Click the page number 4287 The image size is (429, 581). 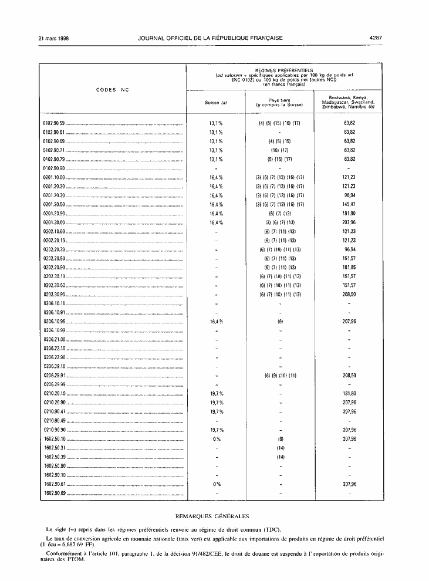(x=376, y=38)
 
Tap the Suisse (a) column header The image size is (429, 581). (x=216, y=103)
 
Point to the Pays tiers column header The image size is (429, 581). (x=279, y=103)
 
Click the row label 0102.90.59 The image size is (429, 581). (x=55, y=124)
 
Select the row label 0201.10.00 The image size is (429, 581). (x=55, y=177)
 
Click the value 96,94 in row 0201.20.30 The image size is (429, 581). (x=350, y=195)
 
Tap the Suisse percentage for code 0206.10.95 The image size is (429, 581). (x=216, y=322)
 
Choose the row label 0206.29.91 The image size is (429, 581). (x=55, y=375)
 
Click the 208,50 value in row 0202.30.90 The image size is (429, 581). (x=350, y=294)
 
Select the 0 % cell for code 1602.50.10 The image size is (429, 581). (x=216, y=438)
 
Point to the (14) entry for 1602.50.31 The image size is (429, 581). (x=280, y=448)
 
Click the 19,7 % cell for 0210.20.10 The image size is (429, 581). (x=216, y=393)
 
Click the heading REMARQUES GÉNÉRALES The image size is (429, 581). (x=212, y=516)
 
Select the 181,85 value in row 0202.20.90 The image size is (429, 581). (x=350, y=268)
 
